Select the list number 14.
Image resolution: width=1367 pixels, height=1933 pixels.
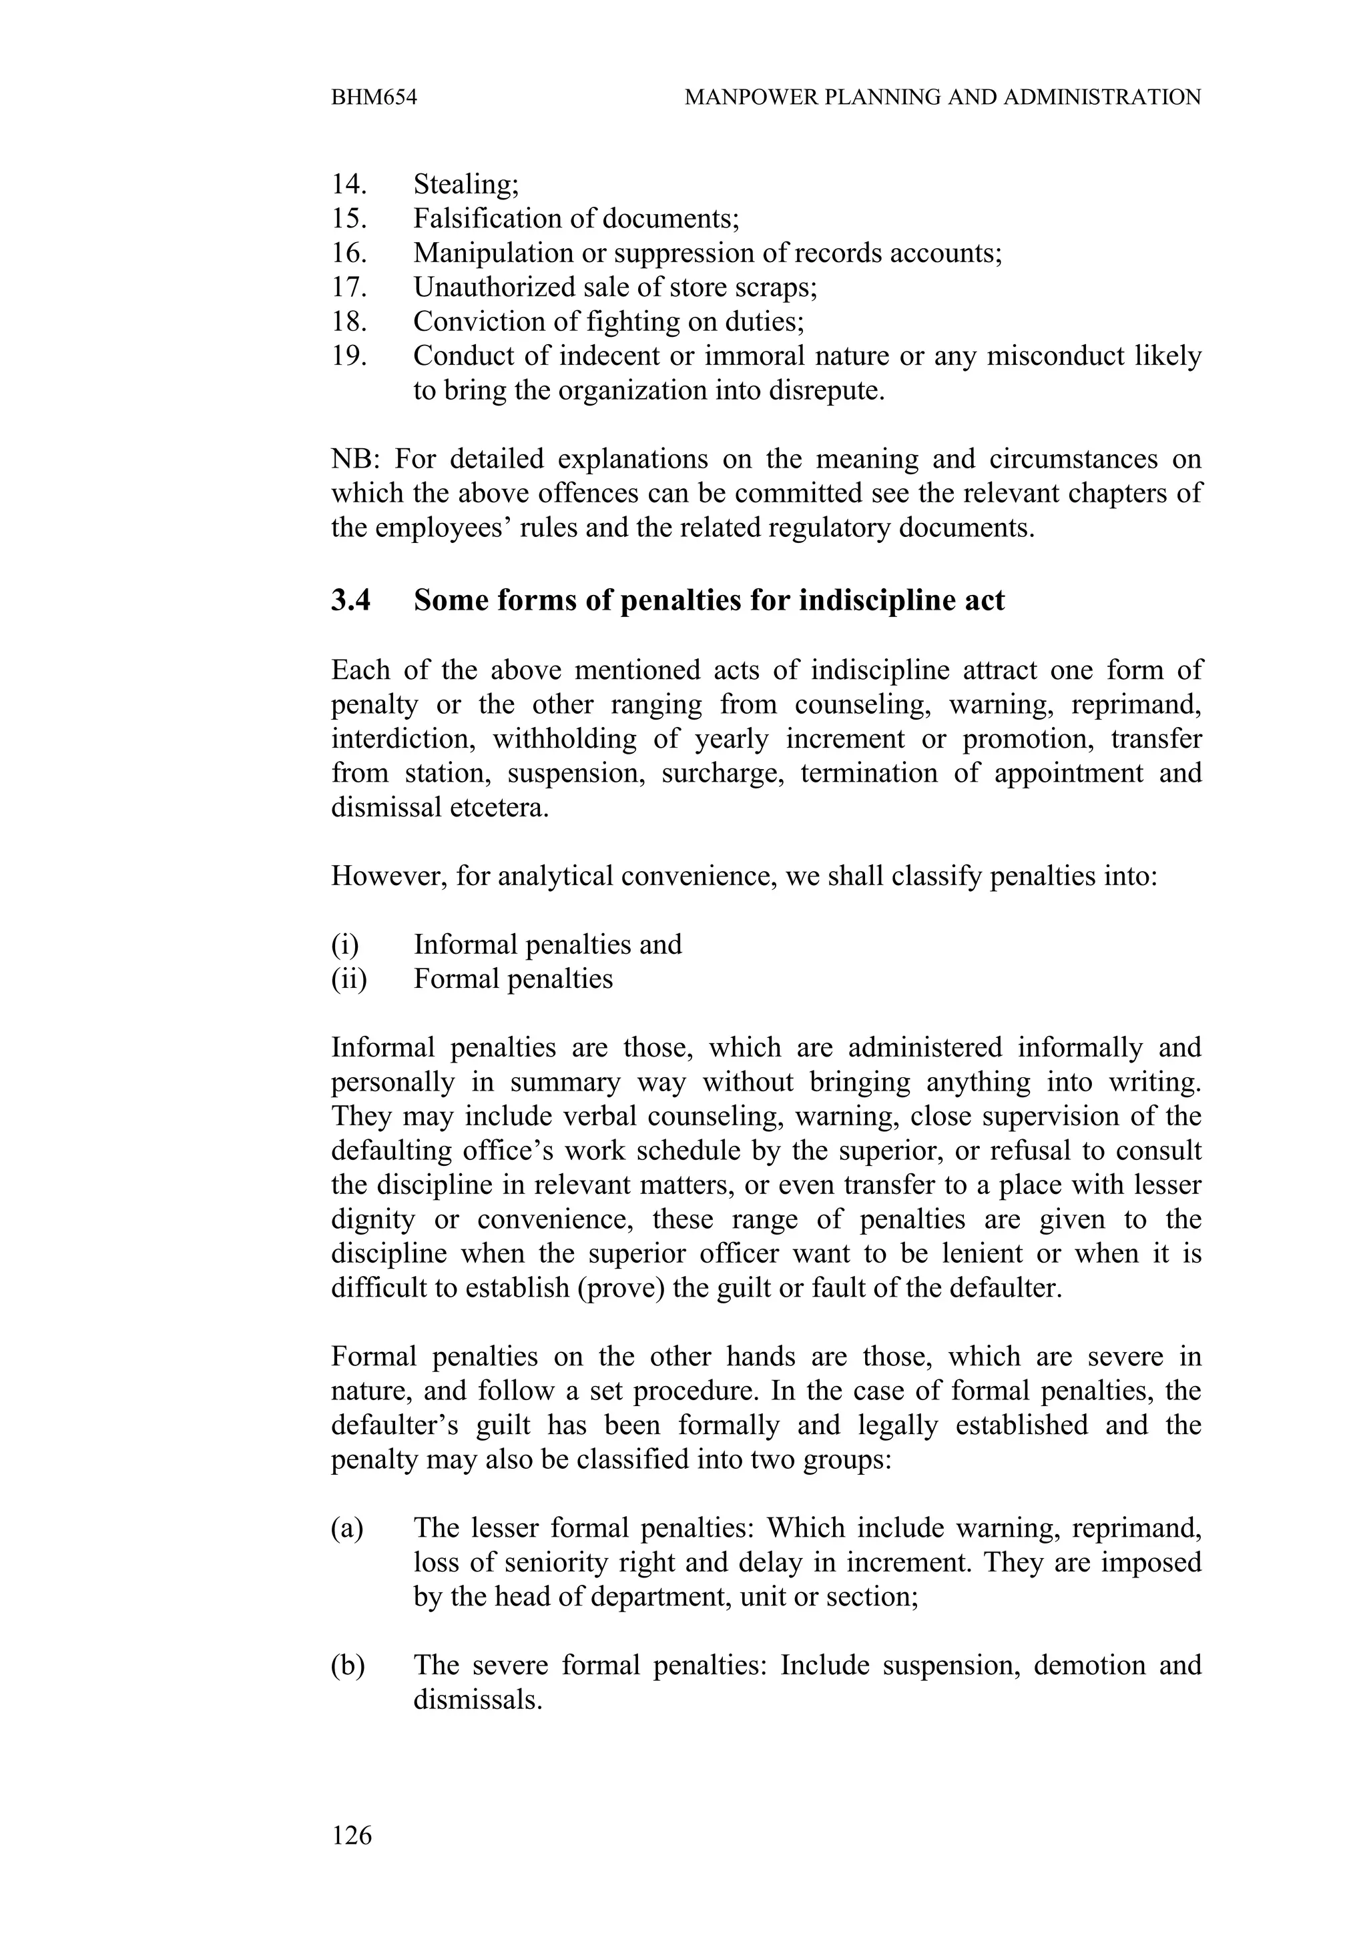pyautogui.click(x=348, y=183)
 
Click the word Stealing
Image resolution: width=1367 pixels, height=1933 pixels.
pyautogui.click(x=466, y=184)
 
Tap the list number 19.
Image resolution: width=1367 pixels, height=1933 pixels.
pyautogui.click(x=348, y=356)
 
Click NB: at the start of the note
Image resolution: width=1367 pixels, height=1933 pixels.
pyautogui.click(x=357, y=460)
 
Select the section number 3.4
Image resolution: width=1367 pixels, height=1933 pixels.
pyautogui.click(x=350, y=600)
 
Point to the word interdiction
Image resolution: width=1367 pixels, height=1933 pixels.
pyautogui.click(x=400, y=739)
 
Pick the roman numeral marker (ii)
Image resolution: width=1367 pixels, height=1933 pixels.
pyautogui.click(x=348, y=979)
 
